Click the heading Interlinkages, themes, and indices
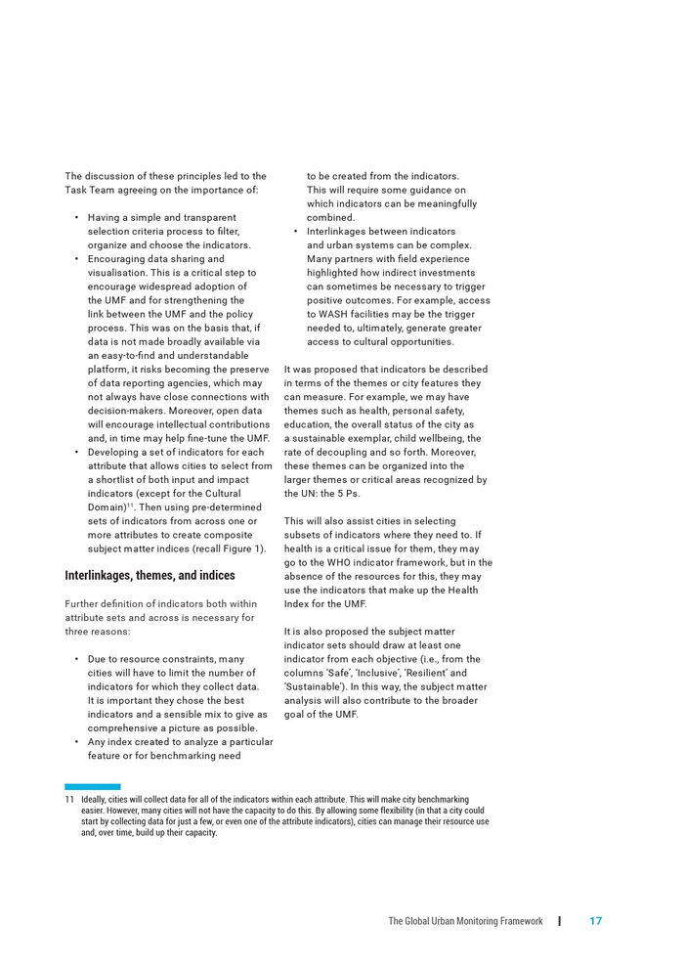click(150, 575)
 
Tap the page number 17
click(595, 921)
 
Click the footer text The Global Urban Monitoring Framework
click(465, 921)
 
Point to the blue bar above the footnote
click(93, 786)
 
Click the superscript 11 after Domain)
click(130, 506)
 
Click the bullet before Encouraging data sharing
click(76, 259)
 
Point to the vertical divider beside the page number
click(560, 921)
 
